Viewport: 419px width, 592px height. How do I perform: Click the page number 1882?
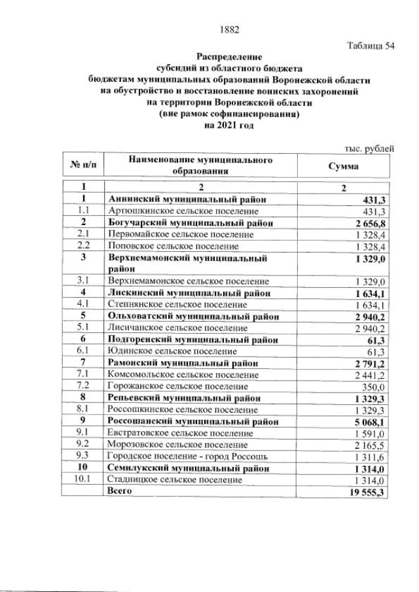[229, 29]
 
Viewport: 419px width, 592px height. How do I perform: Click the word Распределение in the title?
[229, 58]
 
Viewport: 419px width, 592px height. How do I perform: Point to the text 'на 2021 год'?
[228, 125]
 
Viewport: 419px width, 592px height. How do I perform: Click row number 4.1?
[83, 304]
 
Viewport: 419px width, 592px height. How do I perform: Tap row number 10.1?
[83, 479]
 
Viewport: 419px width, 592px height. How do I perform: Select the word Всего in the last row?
[120, 491]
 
